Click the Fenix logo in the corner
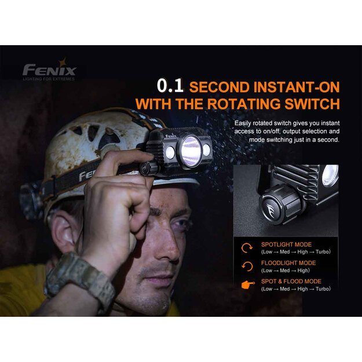pyautogui.click(x=49, y=71)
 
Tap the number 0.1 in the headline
pyautogui.click(x=170, y=86)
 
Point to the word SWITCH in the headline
pyautogui.click(x=312, y=104)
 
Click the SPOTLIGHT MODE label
pyautogui.click(x=286, y=244)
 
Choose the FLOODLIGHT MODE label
pyautogui.click(x=288, y=263)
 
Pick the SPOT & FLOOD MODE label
pyautogui.click(x=291, y=281)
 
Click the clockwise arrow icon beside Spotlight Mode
pyautogui.click(x=247, y=248)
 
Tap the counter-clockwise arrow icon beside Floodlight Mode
pyautogui.click(x=247, y=266)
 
